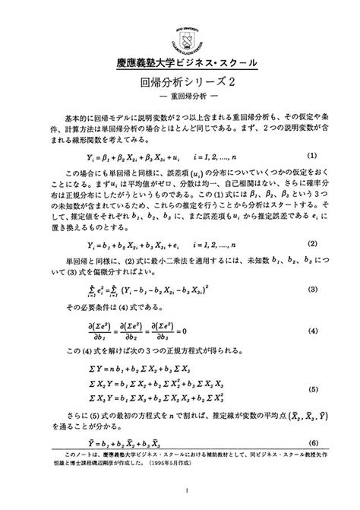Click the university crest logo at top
179,29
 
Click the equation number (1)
312,154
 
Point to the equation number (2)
312,244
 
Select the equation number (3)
312,290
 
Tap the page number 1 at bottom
180,490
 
